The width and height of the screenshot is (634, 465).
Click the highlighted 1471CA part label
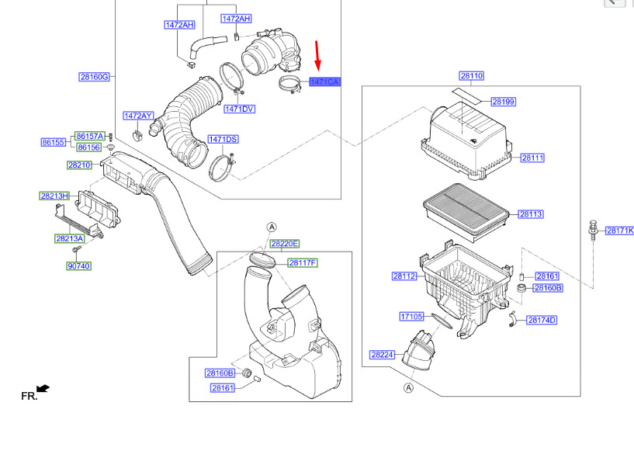coord(325,82)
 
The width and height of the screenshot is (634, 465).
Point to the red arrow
coord(317,56)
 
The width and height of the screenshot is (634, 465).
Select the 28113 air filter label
coord(531,214)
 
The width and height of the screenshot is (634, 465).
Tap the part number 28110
coord(472,75)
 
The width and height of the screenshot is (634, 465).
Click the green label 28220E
coord(285,244)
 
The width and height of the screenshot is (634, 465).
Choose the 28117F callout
coord(303,263)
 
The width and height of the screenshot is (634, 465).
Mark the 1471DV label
coord(239,109)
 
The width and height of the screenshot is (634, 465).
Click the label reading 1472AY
coord(138,116)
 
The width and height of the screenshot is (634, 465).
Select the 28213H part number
coord(54,196)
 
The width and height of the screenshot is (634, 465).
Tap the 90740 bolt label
coord(79,266)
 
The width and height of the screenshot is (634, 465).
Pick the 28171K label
coord(620,231)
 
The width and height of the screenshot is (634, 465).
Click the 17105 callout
coord(411,316)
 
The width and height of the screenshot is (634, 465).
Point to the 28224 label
coord(382,355)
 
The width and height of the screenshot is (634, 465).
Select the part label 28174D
coord(542,321)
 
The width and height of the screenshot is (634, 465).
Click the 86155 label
coord(54,142)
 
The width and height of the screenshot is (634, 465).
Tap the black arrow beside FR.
coord(43,389)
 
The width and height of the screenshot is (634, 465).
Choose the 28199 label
coord(504,102)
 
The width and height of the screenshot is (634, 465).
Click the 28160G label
coord(94,77)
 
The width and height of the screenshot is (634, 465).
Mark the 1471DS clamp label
coord(223,139)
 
